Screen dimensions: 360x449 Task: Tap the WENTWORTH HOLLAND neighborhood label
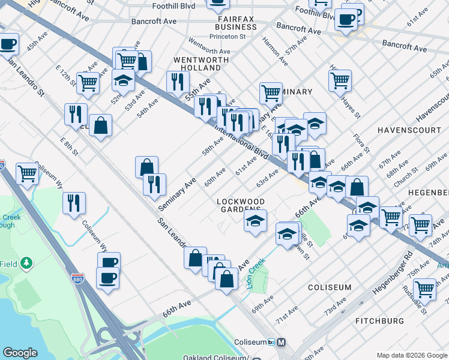[200, 64]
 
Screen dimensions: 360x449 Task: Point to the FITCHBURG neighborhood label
[380, 321]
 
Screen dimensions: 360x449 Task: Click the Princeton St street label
[228, 37]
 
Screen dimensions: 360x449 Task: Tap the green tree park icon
[26, 263]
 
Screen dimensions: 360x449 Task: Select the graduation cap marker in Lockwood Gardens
[256, 220]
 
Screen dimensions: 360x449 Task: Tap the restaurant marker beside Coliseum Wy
[74, 203]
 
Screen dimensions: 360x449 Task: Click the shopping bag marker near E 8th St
[101, 125]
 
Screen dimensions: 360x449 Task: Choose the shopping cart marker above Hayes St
[340, 80]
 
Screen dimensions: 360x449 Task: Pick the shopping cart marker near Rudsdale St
[424, 289]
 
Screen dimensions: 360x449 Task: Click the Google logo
[20, 353]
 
